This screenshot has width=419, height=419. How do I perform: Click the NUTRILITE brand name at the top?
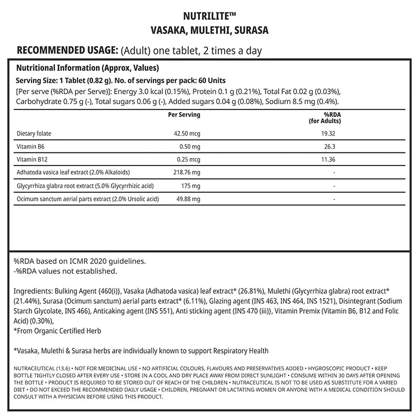pyautogui.click(x=209, y=16)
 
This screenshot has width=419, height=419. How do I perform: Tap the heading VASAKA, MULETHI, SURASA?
pyautogui.click(x=210, y=30)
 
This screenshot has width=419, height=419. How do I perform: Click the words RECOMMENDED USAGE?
pyautogui.click(x=68, y=51)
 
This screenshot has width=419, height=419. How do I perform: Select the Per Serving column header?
pyautogui.click(x=184, y=115)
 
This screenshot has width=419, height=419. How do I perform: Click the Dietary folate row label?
pyautogui.click(x=35, y=134)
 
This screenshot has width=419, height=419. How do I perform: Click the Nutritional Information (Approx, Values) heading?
pyautogui.click(x=87, y=68)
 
